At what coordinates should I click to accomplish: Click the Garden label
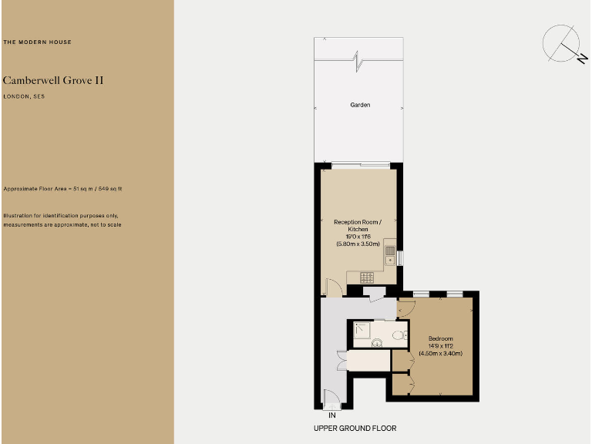pos(360,105)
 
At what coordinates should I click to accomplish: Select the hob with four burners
pos(366,277)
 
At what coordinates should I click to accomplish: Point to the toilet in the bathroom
pos(397,335)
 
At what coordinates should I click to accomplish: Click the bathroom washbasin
pos(377,342)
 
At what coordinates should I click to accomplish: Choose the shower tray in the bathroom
pos(363,331)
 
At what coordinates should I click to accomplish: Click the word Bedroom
pos(441,339)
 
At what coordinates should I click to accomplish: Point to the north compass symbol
pos(563,45)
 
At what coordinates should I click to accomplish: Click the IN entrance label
pos(331,415)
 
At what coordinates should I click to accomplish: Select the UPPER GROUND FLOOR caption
pos(355,428)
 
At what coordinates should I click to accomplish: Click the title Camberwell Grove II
pos(53,80)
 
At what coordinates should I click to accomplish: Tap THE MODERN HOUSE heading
pos(38,42)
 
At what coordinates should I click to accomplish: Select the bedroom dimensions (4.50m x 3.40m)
pos(441,354)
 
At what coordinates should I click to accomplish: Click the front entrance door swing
pos(331,400)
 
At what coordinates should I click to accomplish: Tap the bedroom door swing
pos(406,309)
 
